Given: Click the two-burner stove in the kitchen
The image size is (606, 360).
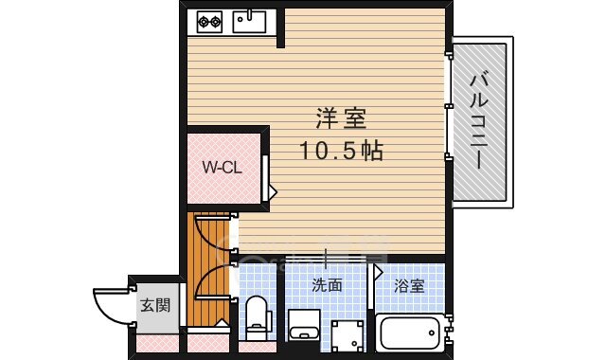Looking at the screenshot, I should tap(209, 19).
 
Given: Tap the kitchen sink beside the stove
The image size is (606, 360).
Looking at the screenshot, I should tap(250, 19).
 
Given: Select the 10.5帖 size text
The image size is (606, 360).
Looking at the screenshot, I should tap(342, 150).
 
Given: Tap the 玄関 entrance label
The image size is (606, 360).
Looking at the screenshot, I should tap(155, 306).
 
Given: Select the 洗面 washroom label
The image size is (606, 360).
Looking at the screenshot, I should tap(327, 284).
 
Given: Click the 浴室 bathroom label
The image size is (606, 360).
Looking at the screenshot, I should tap(409, 284).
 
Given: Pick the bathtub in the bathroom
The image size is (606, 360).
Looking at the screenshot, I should tap(409, 333).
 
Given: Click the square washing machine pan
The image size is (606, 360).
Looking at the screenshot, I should tap(348, 334).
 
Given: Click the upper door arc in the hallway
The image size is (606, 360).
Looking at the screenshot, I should tap(210, 232).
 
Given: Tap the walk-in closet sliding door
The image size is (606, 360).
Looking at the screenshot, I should tap(267, 177).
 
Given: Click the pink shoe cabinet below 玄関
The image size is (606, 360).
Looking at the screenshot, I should tap(155, 345).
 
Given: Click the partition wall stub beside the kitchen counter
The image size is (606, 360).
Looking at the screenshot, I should tap(279, 28).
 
